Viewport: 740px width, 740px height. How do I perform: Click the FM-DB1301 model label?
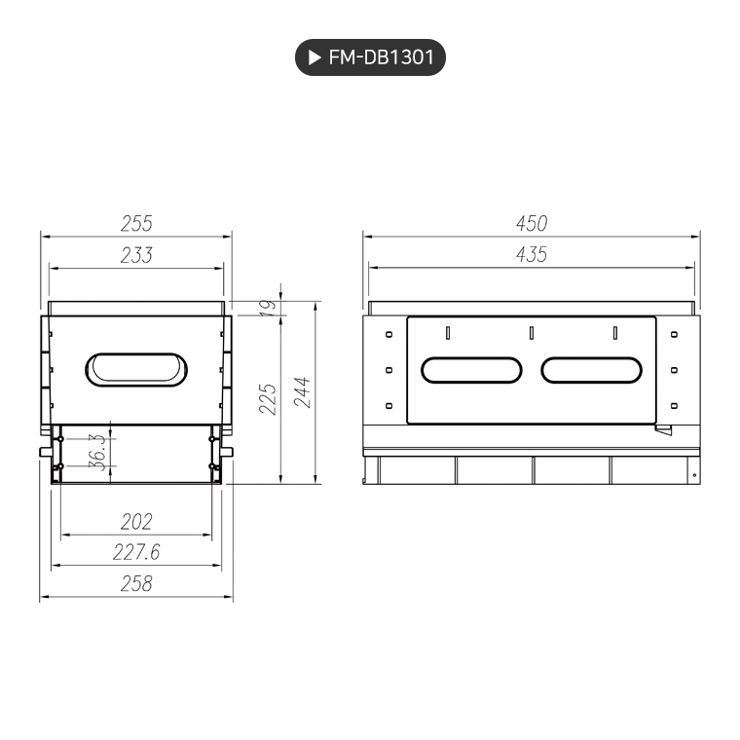tap(381, 58)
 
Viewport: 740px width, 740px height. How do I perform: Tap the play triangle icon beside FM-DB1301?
tap(314, 58)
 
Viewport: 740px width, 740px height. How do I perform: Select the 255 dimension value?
tap(136, 223)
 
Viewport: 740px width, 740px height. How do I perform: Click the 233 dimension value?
tap(136, 255)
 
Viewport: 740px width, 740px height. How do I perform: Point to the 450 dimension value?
tap(532, 223)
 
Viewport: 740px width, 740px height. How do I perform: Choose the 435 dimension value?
tap(532, 255)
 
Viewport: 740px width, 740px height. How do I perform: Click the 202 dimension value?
tap(136, 522)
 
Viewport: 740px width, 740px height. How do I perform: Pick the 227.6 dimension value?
tap(136, 552)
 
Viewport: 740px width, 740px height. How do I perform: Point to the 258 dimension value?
tap(136, 583)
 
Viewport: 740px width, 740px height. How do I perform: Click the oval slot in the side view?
tap(136, 370)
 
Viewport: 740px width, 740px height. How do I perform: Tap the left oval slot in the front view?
tap(472, 370)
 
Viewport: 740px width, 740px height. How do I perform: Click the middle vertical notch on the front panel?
tap(532, 333)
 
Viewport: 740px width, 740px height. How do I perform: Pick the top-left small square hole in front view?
tap(389, 334)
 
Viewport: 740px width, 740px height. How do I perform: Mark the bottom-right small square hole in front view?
tap(674, 405)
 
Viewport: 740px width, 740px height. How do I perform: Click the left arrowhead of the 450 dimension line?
tap(369, 235)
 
